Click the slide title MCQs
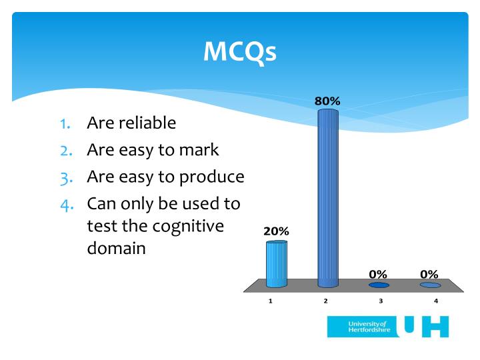coord(239,51)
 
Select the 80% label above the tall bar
coord(327,101)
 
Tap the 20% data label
coord(275,231)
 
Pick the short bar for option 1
coord(276,264)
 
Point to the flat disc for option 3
coord(379,285)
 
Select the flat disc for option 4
coord(430,285)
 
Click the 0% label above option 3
coord(379,273)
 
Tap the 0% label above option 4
coord(429,273)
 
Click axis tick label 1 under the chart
coord(271,301)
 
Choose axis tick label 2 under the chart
coord(326,301)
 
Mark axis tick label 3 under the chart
coord(381,301)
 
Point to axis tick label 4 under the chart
coord(436,301)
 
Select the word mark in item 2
coord(199,150)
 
